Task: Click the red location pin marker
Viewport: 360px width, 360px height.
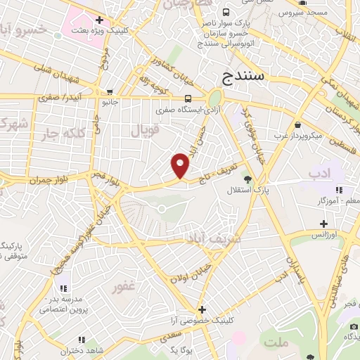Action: pos(181,165)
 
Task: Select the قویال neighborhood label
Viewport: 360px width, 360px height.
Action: pos(146,129)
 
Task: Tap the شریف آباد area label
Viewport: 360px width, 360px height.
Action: pos(213,238)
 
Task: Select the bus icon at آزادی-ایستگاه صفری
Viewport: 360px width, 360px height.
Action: pos(188,98)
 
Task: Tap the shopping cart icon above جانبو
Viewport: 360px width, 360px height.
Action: pos(110,91)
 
